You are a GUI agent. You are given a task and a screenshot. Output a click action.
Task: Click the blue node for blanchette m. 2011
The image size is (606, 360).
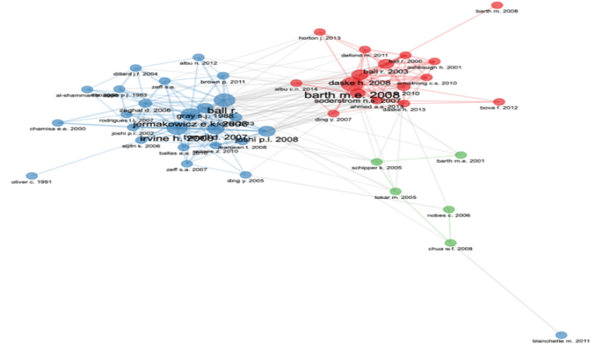click(x=561, y=336)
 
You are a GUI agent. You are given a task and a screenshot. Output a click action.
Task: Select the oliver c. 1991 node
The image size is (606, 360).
click(x=32, y=176)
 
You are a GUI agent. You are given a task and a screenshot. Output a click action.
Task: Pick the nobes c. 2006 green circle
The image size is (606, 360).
click(x=448, y=210)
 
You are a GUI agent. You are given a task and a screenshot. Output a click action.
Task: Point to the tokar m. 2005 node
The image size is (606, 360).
click(x=395, y=191)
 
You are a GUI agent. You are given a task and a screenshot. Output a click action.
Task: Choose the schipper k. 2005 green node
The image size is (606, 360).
click(x=377, y=162)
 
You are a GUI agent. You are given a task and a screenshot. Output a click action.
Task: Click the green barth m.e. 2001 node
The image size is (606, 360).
click(x=460, y=155)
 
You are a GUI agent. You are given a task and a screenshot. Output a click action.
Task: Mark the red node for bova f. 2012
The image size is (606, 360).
click(x=498, y=102)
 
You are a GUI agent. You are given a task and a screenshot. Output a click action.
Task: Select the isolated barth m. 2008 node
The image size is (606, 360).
click(x=496, y=6)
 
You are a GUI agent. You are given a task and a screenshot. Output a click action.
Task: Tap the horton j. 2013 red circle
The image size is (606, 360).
click(x=319, y=33)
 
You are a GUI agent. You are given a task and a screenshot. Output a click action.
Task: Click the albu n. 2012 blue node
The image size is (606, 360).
click(x=198, y=57)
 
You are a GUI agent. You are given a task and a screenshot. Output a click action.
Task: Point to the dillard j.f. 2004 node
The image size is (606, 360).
click(x=136, y=68)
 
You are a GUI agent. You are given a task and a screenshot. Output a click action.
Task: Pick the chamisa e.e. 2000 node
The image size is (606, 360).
click(x=57, y=123)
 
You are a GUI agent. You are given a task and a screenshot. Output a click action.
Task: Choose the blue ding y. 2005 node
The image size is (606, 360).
click(x=245, y=175)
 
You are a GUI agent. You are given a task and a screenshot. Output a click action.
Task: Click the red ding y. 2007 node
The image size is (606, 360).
click(x=334, y=114)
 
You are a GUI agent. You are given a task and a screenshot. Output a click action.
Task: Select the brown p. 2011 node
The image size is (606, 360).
click(x=223, y=76)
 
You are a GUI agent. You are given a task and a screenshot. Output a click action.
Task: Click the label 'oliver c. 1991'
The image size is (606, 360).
click(x=32, y=182)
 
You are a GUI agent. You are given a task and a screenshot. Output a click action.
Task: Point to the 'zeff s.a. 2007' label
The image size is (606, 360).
click(x=187, y=170)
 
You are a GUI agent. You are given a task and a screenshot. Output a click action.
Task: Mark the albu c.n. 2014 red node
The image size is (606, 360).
click(x=296, y=83)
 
